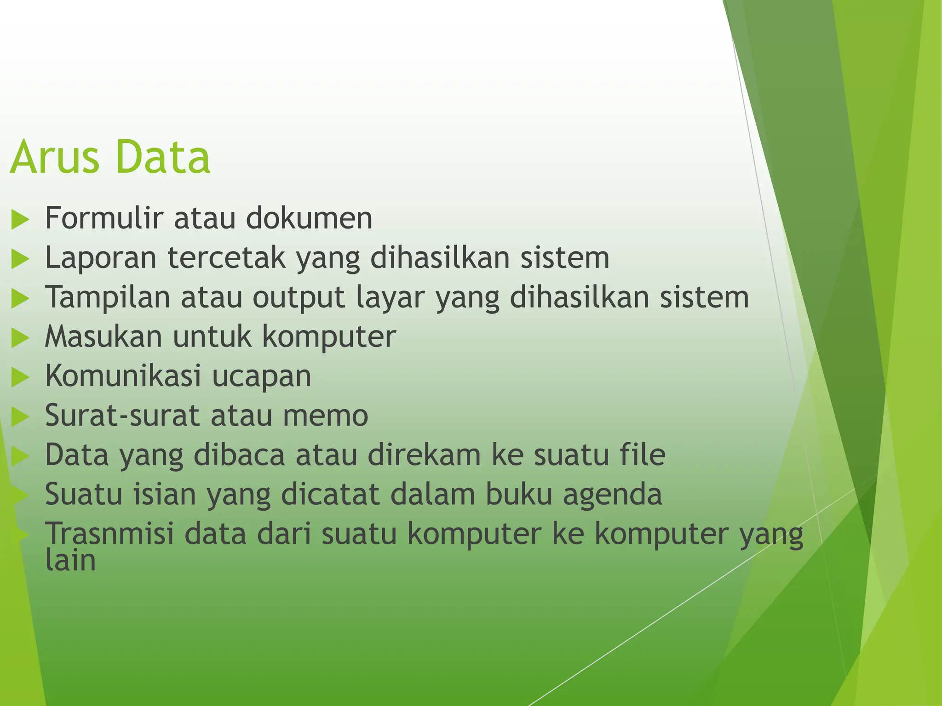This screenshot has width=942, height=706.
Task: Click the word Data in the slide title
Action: (163, 157)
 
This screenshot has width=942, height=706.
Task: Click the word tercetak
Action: (226, 257)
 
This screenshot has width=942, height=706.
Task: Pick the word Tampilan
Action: (108, 297)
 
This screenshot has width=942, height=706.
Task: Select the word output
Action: (299, 298)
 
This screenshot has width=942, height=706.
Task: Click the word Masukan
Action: (103, 336)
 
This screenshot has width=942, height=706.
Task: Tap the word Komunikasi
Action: (123, 376)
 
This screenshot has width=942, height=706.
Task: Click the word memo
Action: (325, 416)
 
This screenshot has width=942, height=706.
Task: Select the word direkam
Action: (424, 455)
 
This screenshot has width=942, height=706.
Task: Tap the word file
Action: (643, 454)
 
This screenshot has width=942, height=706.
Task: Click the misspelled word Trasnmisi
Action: (109, 534)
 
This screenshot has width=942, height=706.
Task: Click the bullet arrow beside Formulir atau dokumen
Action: (20, 219)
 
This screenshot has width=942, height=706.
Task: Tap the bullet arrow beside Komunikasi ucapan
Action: (20, 377)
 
